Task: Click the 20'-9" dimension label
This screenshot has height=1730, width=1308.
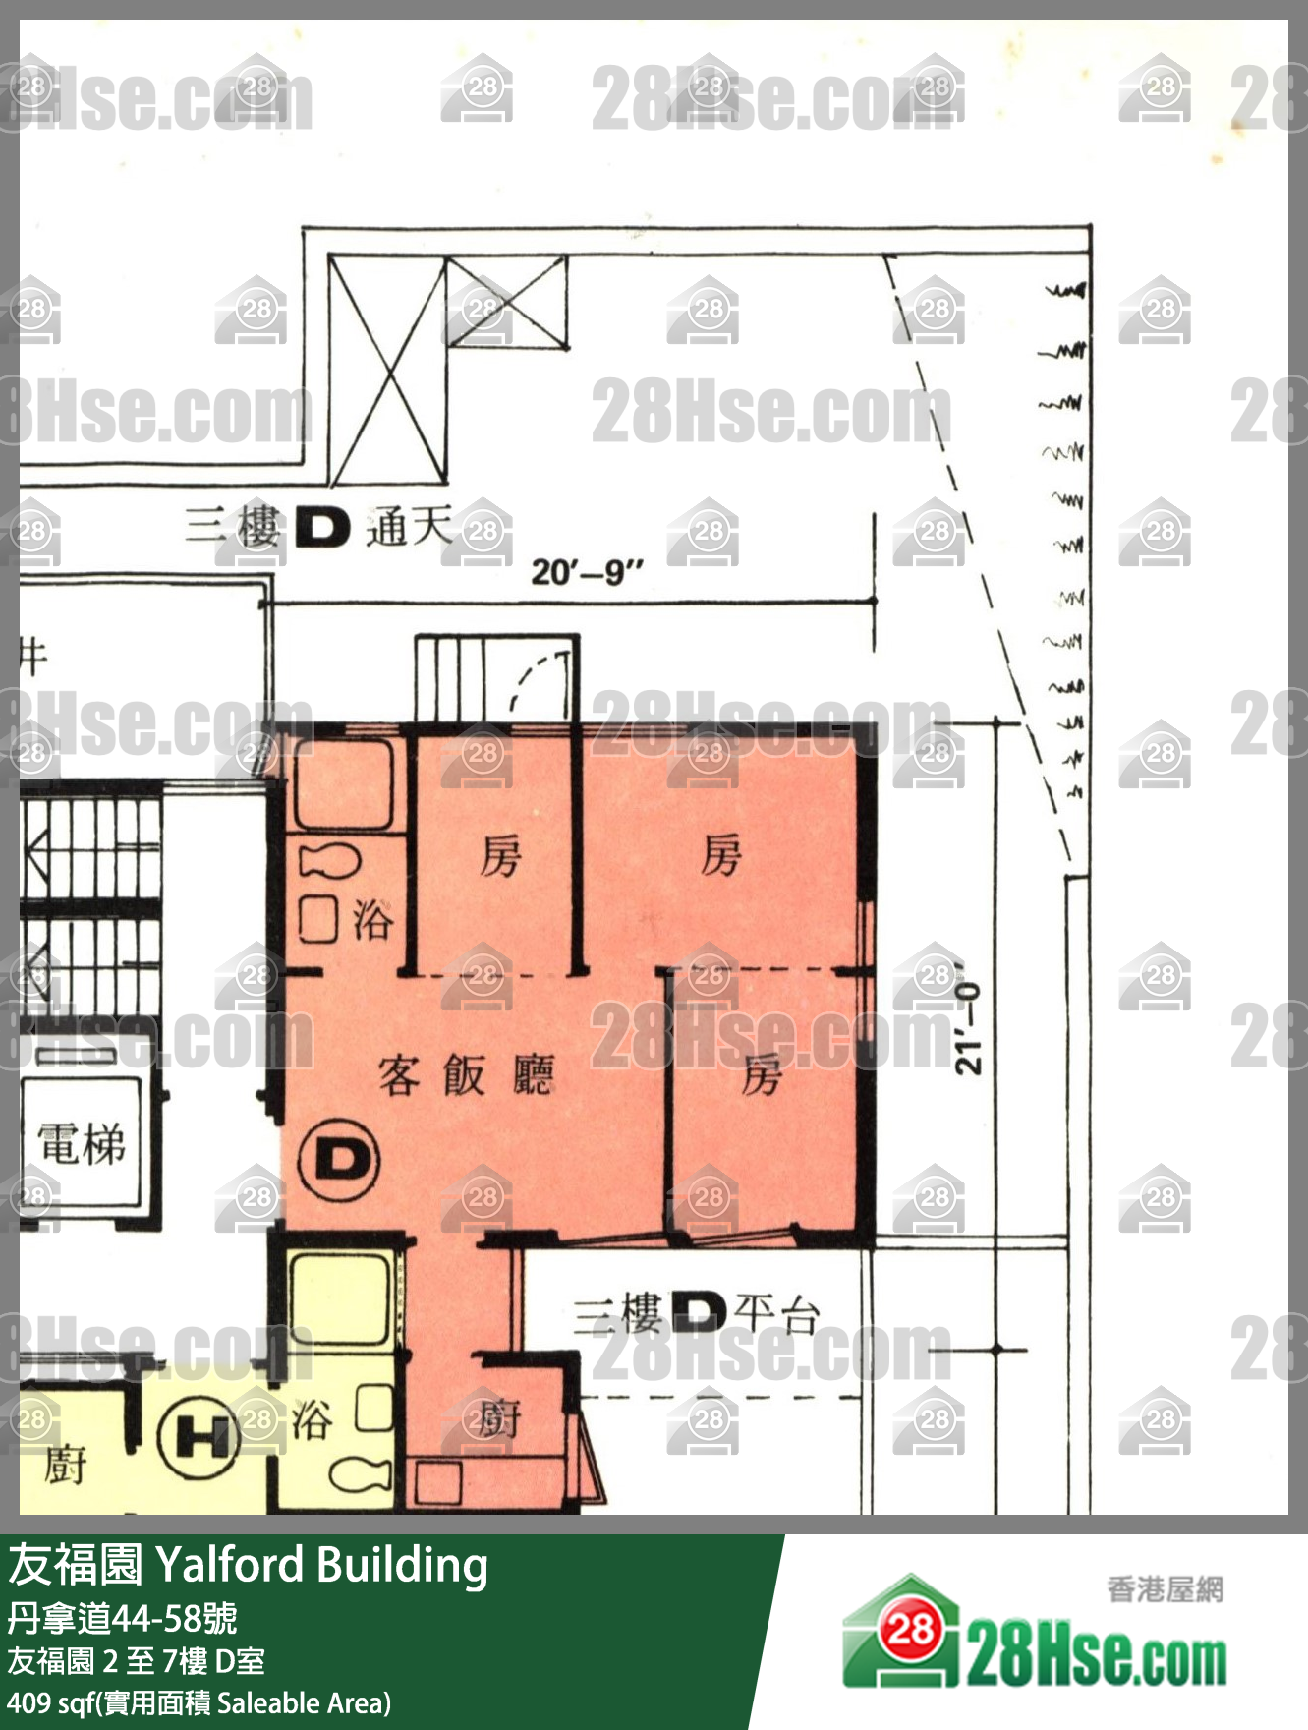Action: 587,571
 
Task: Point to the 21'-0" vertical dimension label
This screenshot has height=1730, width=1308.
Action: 968,1028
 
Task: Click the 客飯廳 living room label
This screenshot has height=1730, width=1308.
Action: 467,1074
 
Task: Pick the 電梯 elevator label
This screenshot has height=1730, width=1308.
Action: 82,1144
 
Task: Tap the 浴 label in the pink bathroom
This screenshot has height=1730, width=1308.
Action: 372,919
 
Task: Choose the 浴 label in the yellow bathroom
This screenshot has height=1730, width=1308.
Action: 313,1420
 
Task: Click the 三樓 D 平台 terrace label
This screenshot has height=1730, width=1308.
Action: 696,1312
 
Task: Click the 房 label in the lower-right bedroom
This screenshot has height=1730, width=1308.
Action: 762,1074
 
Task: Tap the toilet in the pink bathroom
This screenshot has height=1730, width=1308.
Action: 329,862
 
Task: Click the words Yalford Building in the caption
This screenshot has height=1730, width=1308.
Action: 321,1565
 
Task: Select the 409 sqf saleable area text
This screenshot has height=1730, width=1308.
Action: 199,1702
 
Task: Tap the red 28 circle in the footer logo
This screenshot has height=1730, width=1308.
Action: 910,1630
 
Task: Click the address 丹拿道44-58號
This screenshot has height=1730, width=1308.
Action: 122,1618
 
